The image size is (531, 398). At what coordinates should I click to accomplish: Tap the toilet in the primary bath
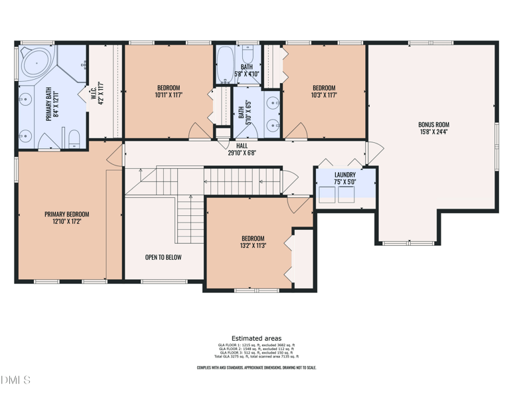coord(74,139)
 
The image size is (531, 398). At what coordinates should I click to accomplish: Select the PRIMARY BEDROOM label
coord(66,215)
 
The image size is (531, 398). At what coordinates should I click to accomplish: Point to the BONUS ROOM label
coord(433,124)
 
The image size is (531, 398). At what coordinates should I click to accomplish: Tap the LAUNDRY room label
coord(345,175)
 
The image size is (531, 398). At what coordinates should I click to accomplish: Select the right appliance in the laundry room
coord(346,194)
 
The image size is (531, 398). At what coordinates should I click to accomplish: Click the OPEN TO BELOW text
coord(163,257)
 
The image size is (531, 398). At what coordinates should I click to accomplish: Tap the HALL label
coord(242,146)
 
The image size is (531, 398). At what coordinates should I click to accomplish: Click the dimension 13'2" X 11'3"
coord(253,245)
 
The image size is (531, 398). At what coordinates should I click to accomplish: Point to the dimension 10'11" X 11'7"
coord(168,95)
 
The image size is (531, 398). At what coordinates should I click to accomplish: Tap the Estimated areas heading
coord(256,338)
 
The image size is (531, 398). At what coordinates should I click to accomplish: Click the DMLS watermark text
coord(16,381)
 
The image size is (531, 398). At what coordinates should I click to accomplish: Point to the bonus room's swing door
coord(373,153)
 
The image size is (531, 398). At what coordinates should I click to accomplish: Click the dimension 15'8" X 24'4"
coord(433,132)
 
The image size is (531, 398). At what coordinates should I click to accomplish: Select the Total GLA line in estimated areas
coord(256,357)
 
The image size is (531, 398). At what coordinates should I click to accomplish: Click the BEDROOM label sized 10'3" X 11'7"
coord(324,88)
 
